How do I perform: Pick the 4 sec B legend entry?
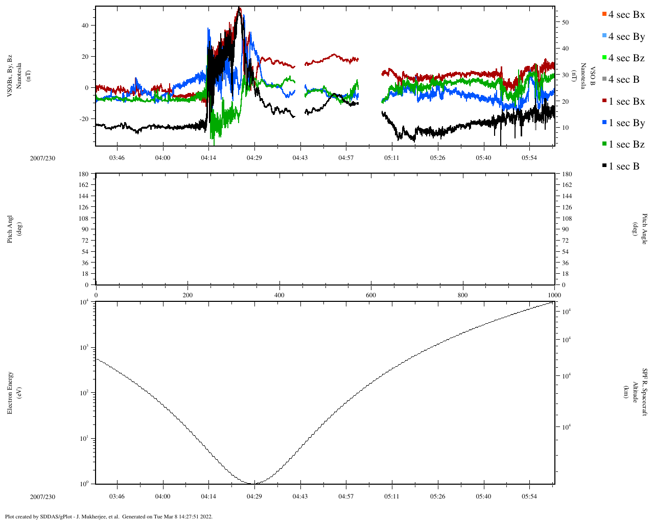click(x=623, y=80)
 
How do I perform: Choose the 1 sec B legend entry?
click(x=623, y=167)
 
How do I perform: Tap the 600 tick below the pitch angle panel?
click(x=371, y=295)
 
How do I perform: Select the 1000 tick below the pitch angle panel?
click(x=554, y=295)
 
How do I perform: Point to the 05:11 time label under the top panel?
click(x=392, y=158)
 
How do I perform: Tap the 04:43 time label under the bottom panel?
click(x=300, y=496)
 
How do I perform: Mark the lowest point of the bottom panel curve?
click(x=254, y=483)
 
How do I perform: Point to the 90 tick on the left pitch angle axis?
click(x=85, y=229)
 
